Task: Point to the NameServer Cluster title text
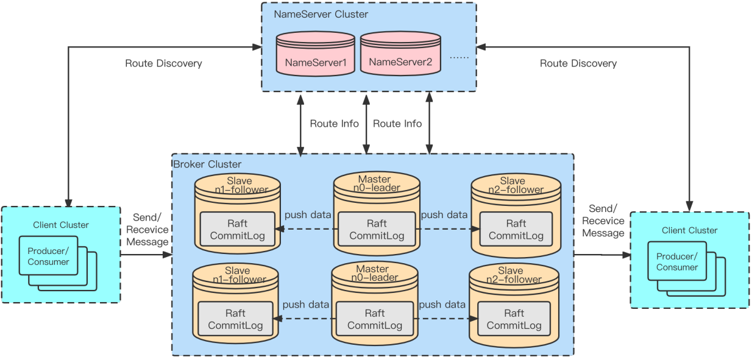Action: pyautogui.click(x=321, y=14)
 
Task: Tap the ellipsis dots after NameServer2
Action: pyautogui.click(x=459, y=57)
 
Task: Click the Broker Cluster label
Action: pyautogui.click(x=207, y=164)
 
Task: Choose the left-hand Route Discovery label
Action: pyautogui.click(x=163, y=63)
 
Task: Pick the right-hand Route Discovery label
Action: pyautogui.click(x=578, y=63)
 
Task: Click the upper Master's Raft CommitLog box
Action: pyautogui.click(x=377, y=229)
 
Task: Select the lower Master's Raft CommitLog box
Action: pyautogui.click(x=375, y=319)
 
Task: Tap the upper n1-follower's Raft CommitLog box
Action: pyautogui.click(x=238, y=229)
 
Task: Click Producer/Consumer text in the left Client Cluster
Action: pyautogui.click(x=48, y=256)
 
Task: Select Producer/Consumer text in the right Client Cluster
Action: pyautogui.click(x=677, y=262)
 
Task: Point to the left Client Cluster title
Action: pyautogui.click(x=61, y=225)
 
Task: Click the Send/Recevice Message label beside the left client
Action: pyautogui.click(x=146, y=230)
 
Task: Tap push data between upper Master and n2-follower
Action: pyautogui.click(x=444, y=214)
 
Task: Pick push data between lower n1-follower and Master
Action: pyautogui.click(x=305, y=305)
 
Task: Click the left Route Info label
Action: pyautogui.click(x=334, y=124)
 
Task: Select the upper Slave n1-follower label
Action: pyautogui.click(x=239, y=185)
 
